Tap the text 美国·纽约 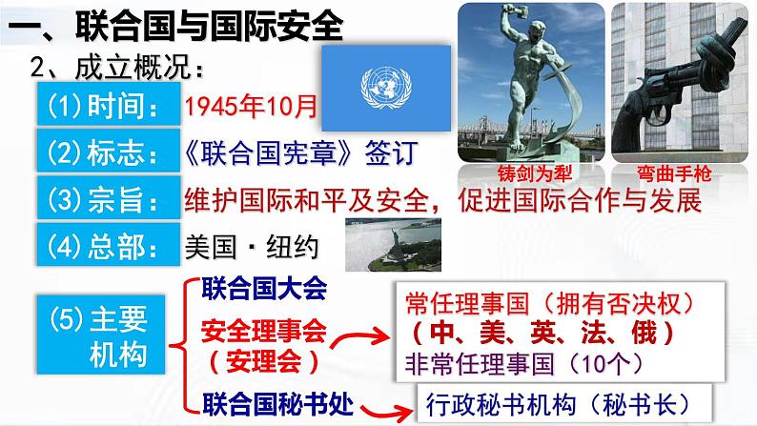(x=249, y=246)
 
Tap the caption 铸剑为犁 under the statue (x=526, y=175)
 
